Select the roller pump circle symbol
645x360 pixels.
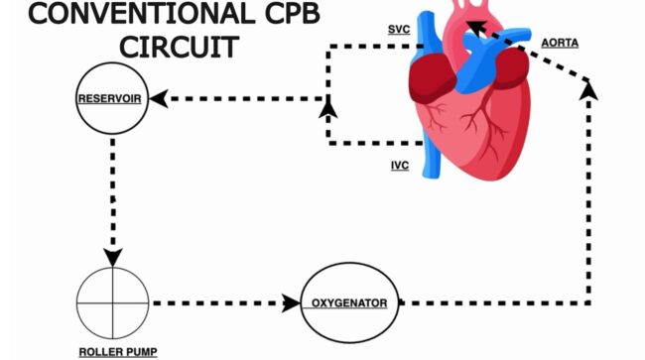113,303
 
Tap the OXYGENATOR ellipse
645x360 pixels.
349,264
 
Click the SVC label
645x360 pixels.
399,30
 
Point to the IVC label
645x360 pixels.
400,166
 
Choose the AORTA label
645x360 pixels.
560,43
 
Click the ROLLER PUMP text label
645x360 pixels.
118,352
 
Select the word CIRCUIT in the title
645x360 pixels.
179,47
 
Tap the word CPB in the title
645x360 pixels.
292,14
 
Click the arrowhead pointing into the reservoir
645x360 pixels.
159,98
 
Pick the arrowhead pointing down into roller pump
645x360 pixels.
113,257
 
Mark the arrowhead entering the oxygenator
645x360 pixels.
291,303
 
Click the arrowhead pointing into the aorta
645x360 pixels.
476,29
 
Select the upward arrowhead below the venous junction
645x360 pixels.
328,109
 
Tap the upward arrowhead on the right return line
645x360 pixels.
588,90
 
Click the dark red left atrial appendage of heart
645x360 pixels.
511,67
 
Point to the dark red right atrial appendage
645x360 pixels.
432,78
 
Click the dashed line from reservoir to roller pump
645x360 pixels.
113,194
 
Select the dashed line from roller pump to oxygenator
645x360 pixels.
217,303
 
